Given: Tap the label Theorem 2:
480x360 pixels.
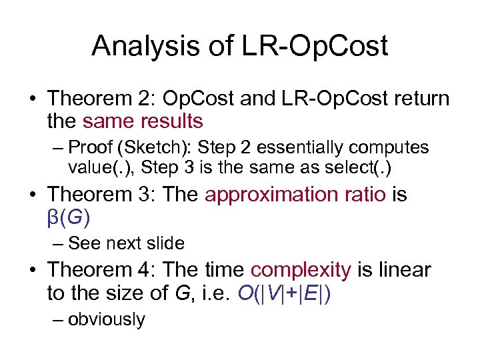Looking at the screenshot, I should [x=101, y=99].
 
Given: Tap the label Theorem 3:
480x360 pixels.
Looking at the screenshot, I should [x=101, y=195].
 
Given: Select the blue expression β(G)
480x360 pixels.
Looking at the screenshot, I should [x=69, y=217].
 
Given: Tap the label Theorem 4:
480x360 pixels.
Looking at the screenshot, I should [x=101, y=271].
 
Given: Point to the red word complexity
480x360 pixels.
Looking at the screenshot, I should [x=301, y=271].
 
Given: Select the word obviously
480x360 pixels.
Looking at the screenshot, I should [x=107, y=319].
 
